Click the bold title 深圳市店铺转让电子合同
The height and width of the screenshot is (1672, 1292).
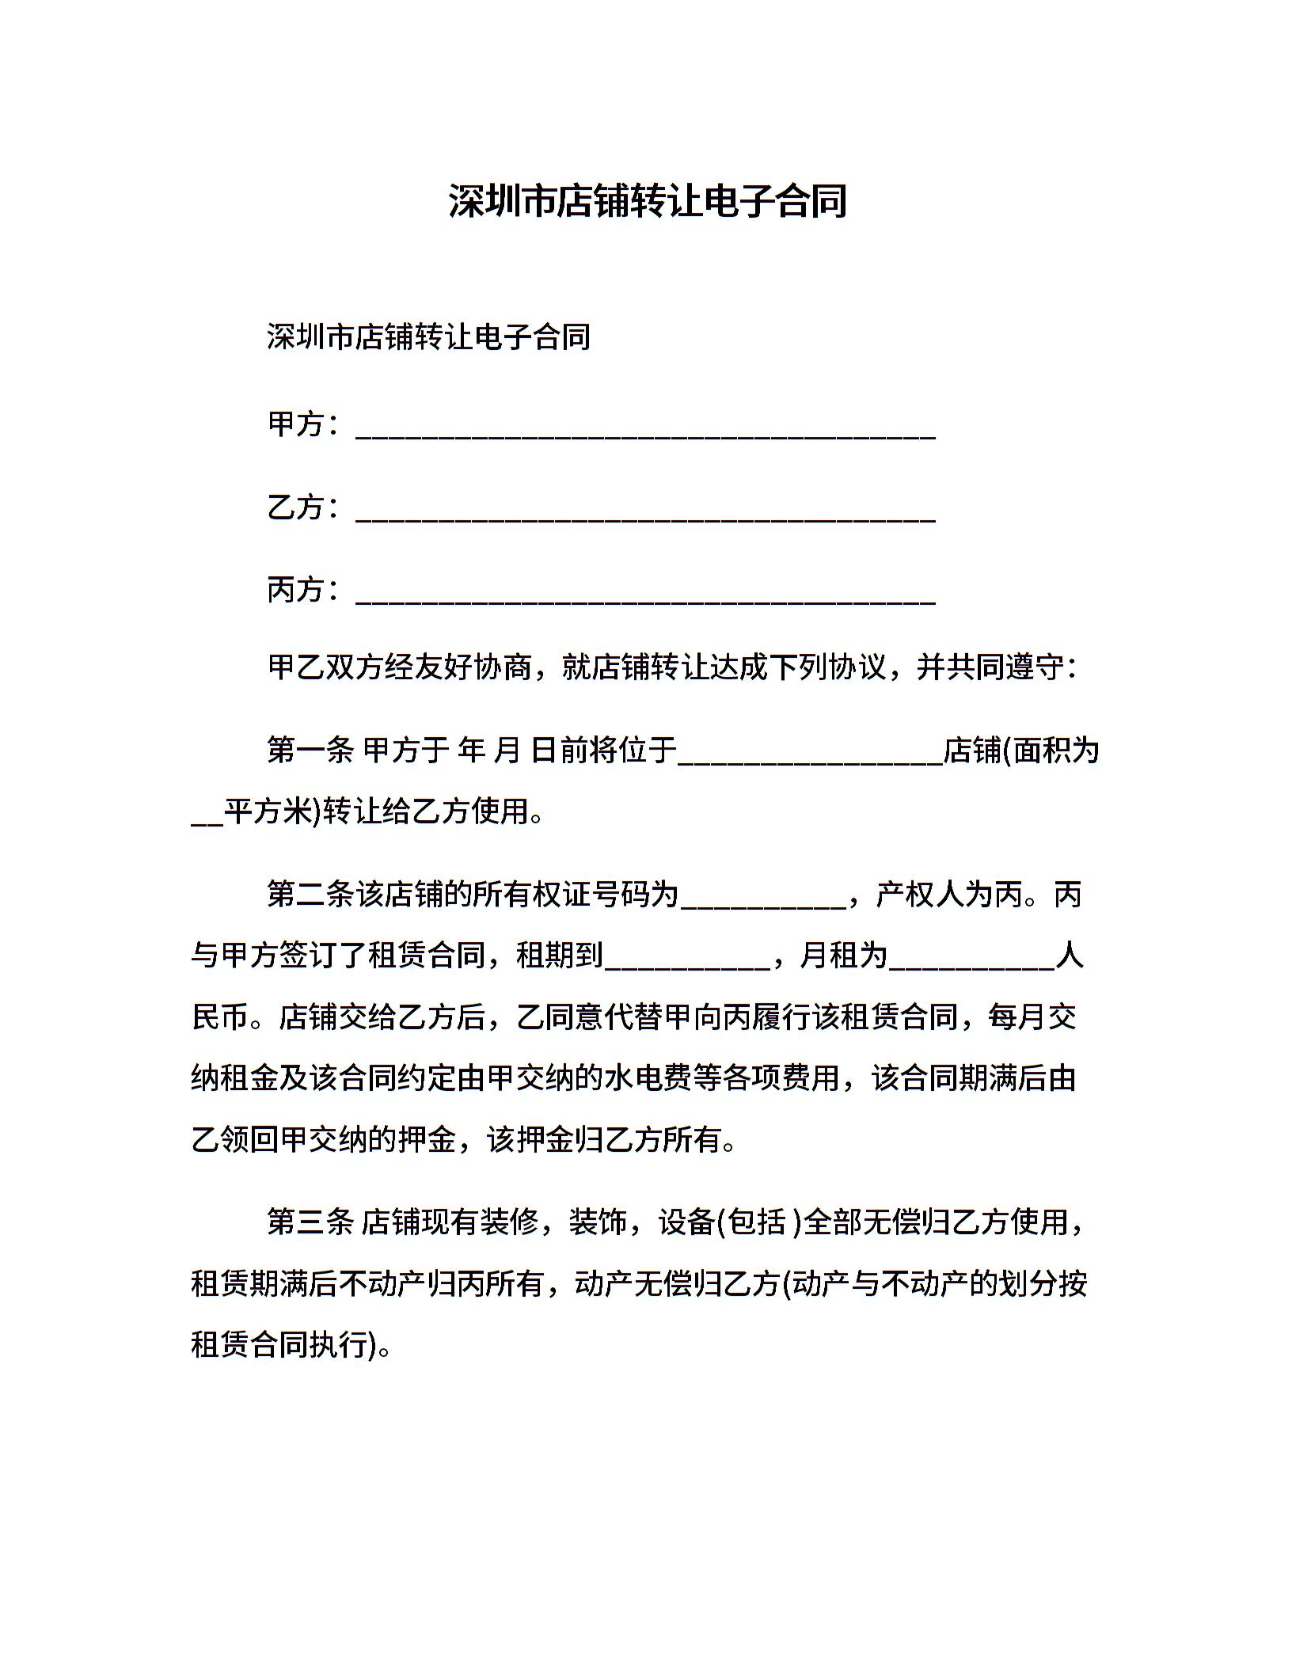tap(647, 201)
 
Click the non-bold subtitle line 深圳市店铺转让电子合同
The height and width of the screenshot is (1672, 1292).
tap(428, 337)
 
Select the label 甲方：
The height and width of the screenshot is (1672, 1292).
tap(306, 425)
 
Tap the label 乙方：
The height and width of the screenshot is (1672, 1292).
tap(306, 507)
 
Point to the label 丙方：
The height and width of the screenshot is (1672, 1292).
tap(306, 590)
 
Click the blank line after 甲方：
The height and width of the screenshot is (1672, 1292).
tap(646, 434)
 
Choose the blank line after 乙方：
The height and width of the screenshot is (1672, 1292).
tap(646, 516)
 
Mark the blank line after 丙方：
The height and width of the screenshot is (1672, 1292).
tap(646, 598)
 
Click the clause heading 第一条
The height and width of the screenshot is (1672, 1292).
tap(310, 750)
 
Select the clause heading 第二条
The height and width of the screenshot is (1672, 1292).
tap(310, 895)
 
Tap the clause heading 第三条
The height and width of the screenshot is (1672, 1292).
tap(310, 1222)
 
